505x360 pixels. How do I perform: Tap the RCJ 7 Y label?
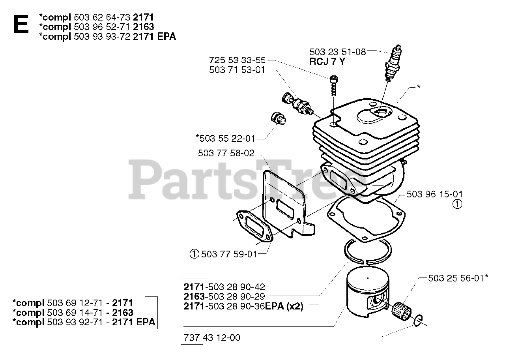pyautogui.click(x=328, y=61)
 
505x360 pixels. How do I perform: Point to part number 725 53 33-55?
pyautogui.click(x=237, y=60)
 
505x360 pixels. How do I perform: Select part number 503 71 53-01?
pyautogui.click(x=237, y=70)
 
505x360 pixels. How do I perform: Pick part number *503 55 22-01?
pyautogui.click(x=225, y=138)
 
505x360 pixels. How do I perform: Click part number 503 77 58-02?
pyautogui.click(x=226, y=153)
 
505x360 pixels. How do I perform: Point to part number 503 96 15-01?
pyautogui.click(x=434, y=194)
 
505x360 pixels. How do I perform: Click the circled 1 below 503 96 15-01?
pyautogui.click(x=457, y=204)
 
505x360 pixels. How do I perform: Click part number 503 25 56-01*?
pyautogui.click(x=458, y=278)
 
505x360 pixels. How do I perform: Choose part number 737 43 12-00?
pyautogui.click(x=212, y=337)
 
